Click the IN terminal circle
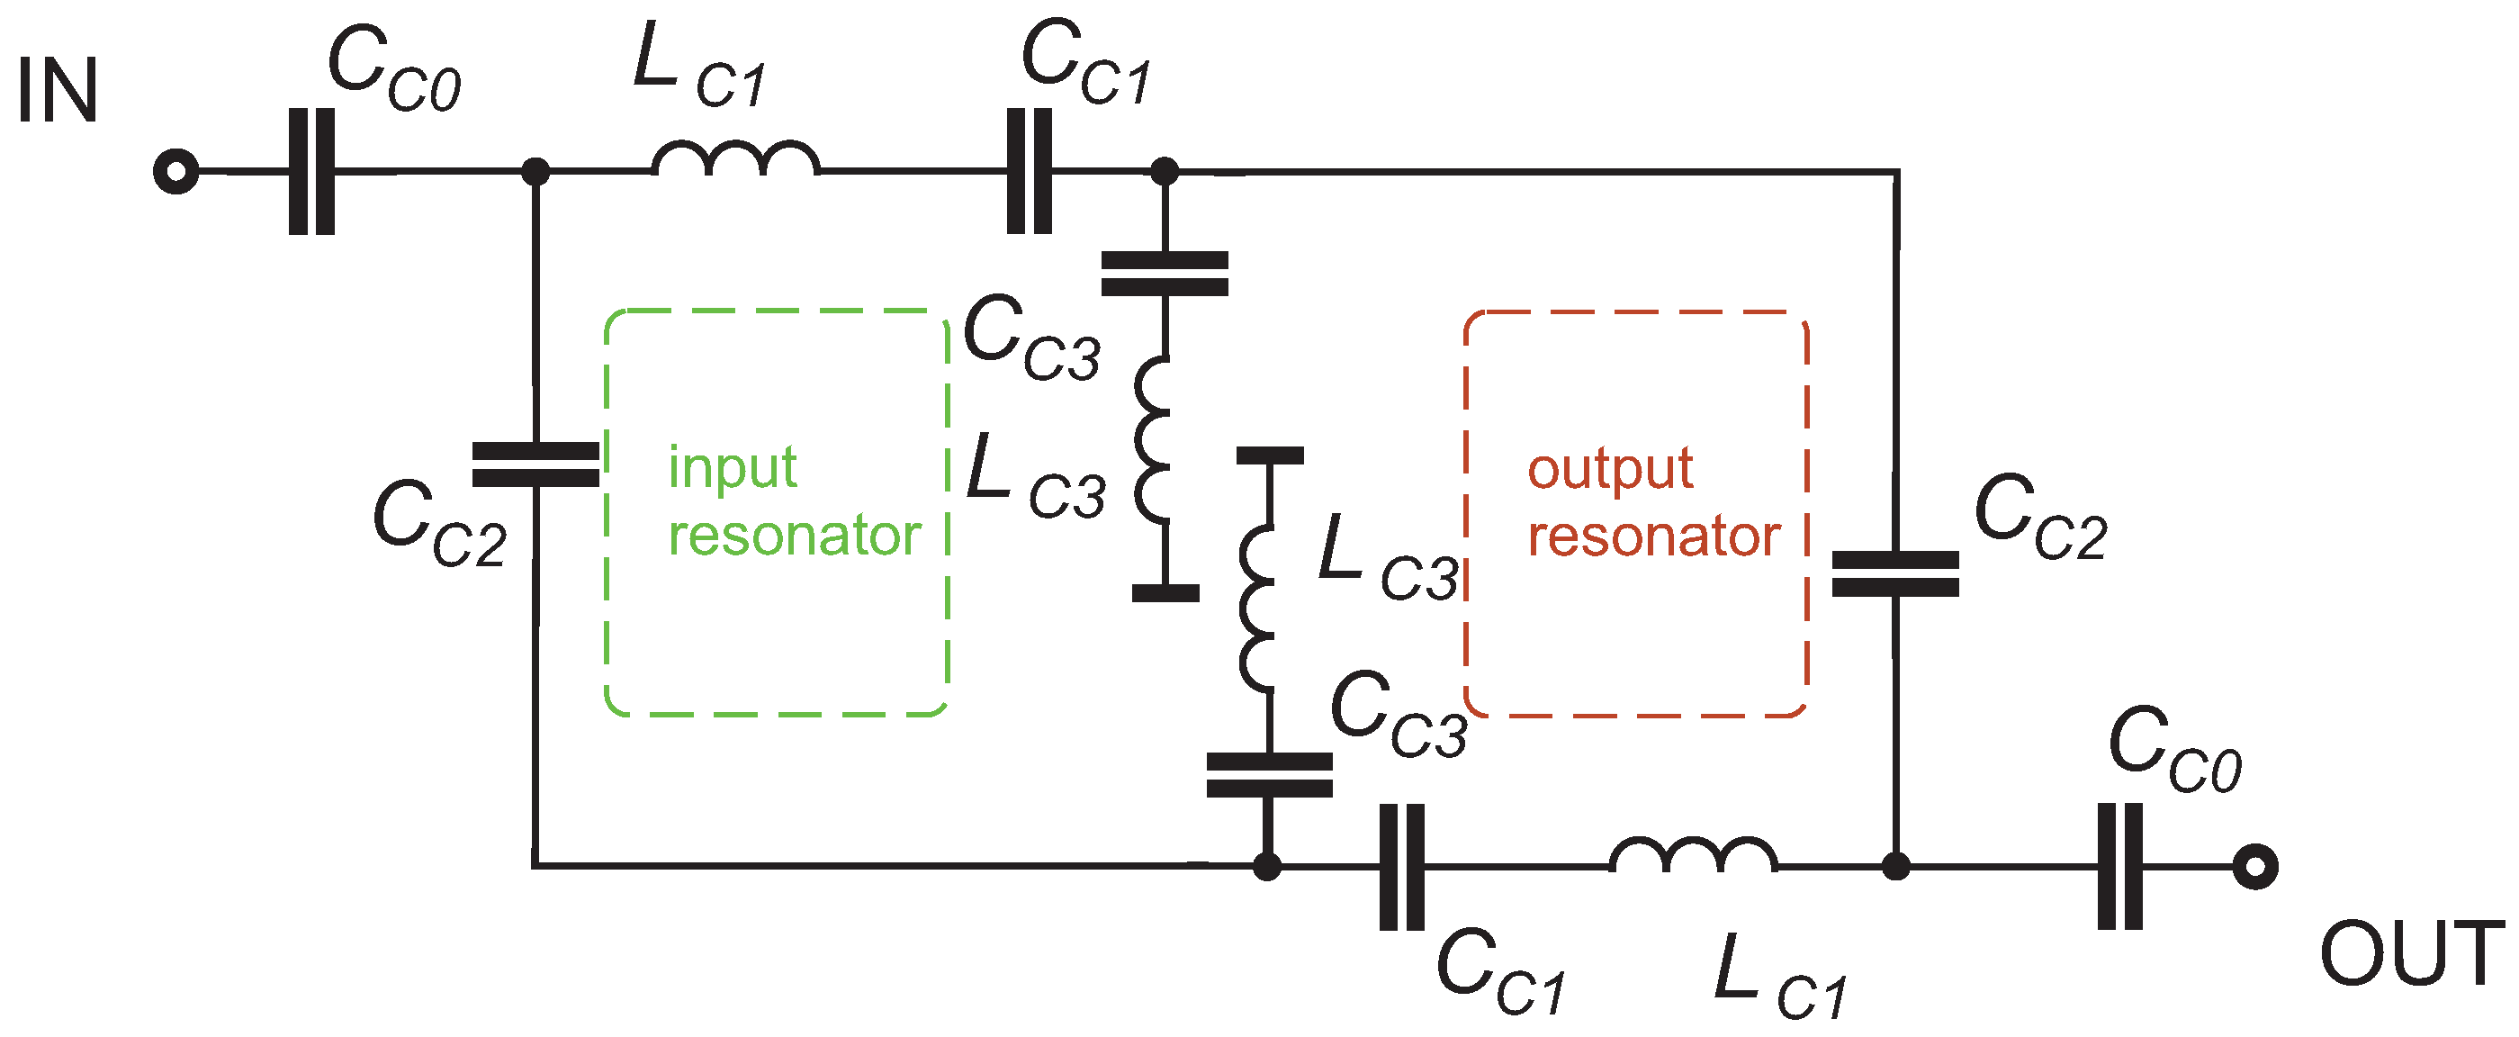click(176, 172)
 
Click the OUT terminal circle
click(2255, 867)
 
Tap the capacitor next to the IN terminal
click(312, 172)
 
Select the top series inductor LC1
click(735, 161)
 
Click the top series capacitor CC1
click(1030, 172)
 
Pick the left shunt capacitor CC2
click(535, 464)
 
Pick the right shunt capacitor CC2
click(1895, 574)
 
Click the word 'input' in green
click(733, 467)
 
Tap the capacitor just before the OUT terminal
click(2120, 867)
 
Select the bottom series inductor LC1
click(1694, 856)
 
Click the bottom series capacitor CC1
click(1401, 867)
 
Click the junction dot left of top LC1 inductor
click(535, 172)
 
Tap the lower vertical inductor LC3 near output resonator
click(1258, 609)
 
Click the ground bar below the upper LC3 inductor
click(1165, 593)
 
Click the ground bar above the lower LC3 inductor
click(1269, 455)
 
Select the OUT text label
click(2411, 954)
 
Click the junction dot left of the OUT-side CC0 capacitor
click(1895, 867)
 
